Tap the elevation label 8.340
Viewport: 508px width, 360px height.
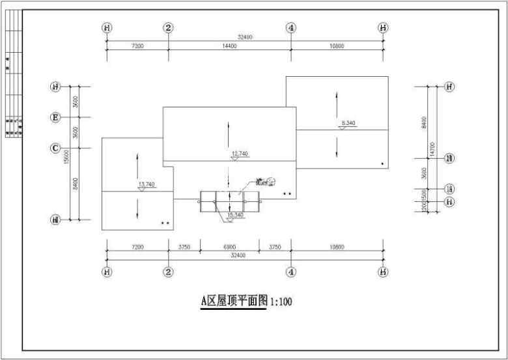tap(348, 123)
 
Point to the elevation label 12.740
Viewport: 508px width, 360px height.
tap(240, 154)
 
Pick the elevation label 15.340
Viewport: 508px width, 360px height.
tap(235, 215)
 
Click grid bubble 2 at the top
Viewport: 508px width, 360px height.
tap(169, 27)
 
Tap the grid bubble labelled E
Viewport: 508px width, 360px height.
tap(56, 117)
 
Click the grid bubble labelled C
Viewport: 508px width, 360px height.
tap(56, 148)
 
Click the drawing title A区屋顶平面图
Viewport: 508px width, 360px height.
tap(234, 301)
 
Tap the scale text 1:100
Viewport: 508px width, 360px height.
tap(281, 301)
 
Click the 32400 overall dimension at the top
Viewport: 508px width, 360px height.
tap(245, 38)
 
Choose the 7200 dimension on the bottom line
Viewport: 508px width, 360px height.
tap(137, 247)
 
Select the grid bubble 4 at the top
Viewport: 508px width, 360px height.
tap(291, 27)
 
